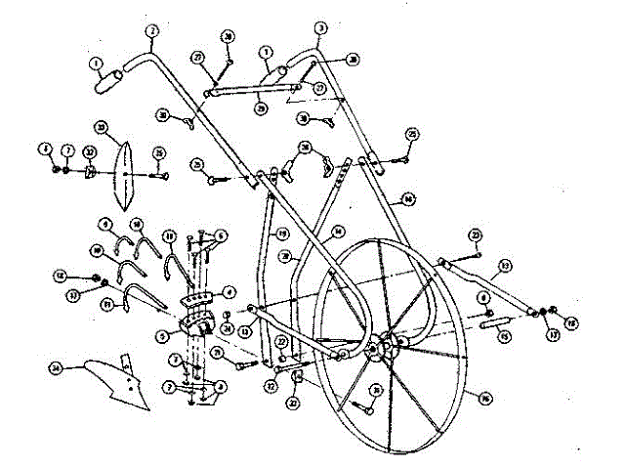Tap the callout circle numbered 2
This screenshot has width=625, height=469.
[151, 32]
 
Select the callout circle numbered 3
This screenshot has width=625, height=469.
[321, 28]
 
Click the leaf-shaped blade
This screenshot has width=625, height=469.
[124, 175]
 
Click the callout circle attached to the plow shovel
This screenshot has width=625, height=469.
[57, 368]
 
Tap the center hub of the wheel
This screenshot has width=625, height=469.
[385, 347]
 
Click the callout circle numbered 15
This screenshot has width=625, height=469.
[505, 337]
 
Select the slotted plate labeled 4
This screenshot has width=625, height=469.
[202, 297]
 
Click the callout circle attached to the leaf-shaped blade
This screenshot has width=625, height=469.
[101, 126]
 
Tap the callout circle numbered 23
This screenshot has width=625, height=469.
[476, 235]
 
